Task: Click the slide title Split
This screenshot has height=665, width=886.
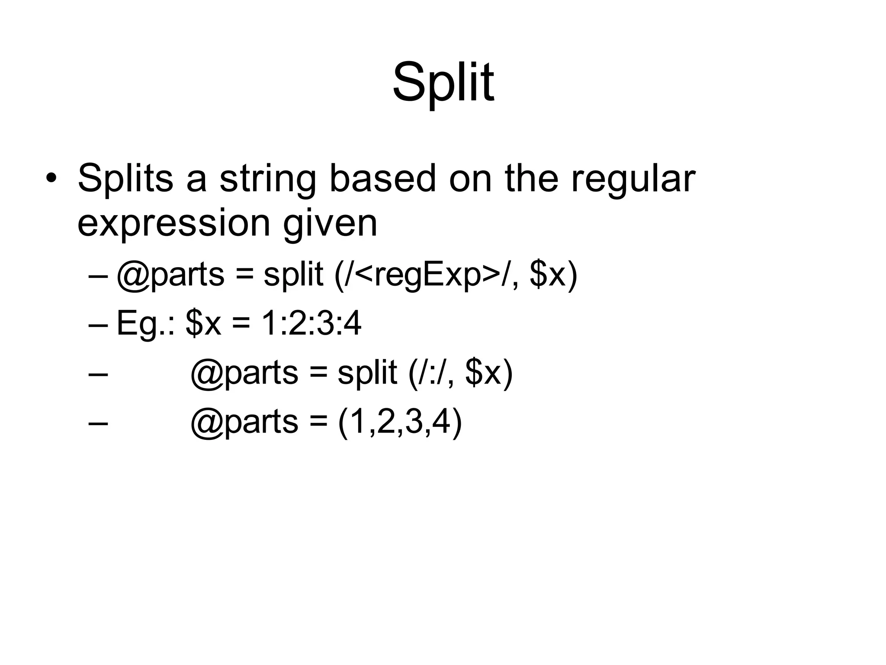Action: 443,82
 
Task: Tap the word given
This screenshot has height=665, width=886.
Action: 330,224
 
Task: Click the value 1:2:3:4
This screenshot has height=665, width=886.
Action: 311,323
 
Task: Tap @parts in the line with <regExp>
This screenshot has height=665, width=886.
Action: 170,275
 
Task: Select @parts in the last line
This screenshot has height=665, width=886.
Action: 244,423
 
